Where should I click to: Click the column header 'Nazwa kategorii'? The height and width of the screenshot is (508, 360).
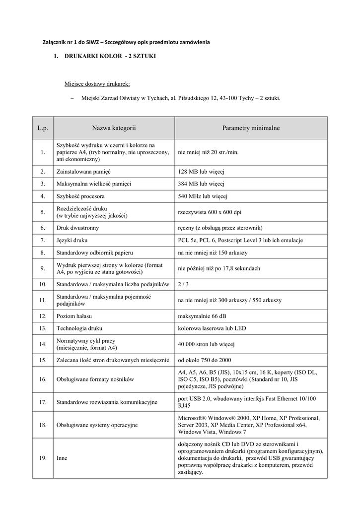click(x=114, y=128)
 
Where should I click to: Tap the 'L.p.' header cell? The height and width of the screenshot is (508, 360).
click(x=43, y=128)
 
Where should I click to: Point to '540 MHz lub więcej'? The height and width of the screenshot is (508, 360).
click(x=203, y=196)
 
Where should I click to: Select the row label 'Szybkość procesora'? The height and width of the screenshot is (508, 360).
click(x=80, y=196)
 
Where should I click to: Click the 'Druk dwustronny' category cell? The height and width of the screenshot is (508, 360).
click(x=77, y=228)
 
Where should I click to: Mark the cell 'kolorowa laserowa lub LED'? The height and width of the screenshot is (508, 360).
click(x=212, y=328)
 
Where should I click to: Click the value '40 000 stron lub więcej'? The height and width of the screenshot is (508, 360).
click(x=207, y=344)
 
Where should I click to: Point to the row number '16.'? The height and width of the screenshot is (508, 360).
click(x=43, y=380)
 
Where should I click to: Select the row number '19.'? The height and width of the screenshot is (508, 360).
click(x=43, y=458)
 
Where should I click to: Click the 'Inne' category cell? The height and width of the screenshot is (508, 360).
click(x=62, y=458)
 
